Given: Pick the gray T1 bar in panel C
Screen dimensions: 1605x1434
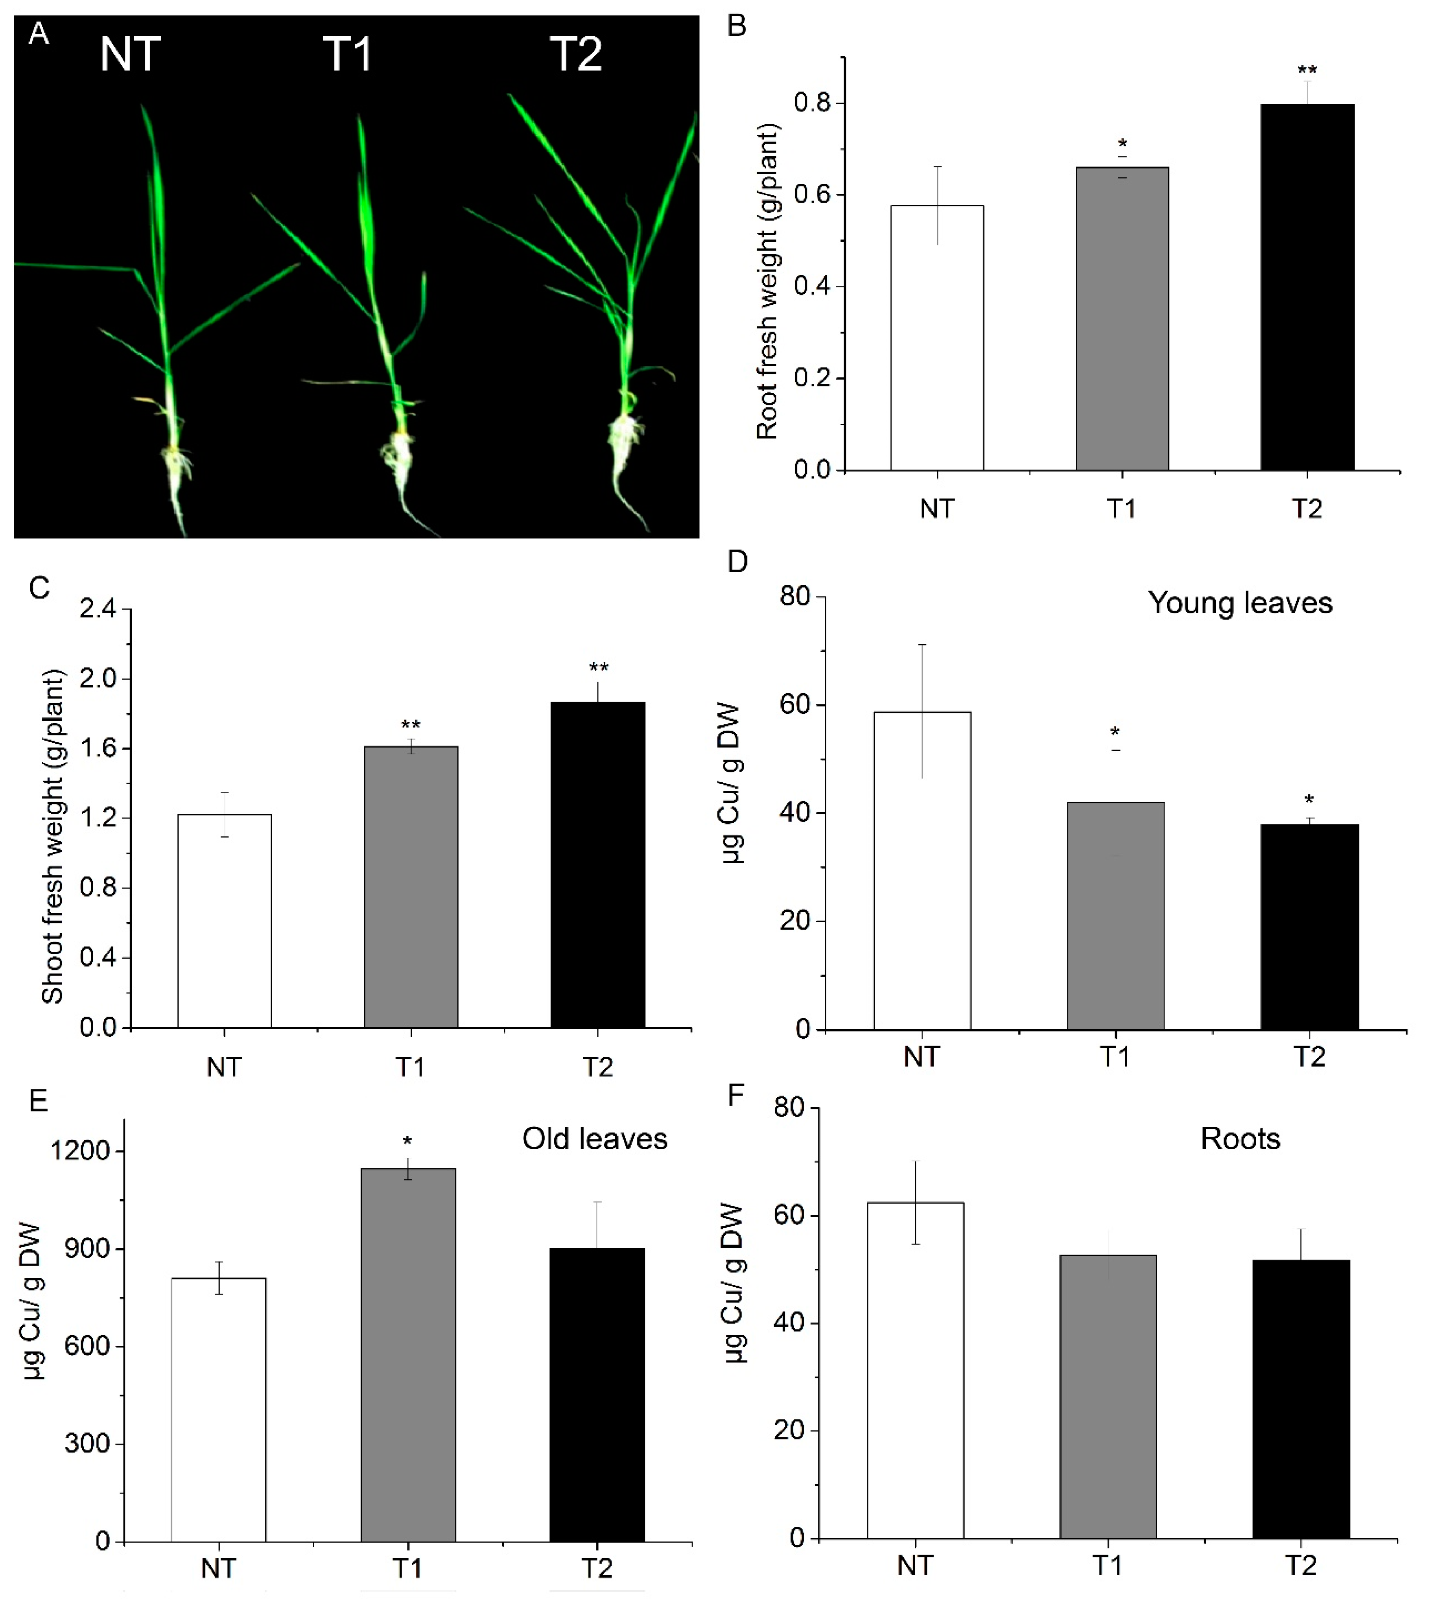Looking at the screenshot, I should point(411,886).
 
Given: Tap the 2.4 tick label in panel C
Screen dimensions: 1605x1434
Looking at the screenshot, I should point(98,608).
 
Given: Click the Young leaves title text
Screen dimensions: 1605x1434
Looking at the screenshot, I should point(1239,603).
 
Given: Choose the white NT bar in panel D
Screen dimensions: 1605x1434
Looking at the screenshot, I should point(922,870).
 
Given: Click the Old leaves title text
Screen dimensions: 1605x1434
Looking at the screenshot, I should point(595,1139).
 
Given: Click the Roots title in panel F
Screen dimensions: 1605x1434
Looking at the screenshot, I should point(1240,1139).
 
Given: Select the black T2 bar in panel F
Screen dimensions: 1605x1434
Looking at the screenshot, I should point(1301,1399).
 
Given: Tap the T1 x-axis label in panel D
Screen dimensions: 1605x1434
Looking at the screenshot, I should point(1115,1056).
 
